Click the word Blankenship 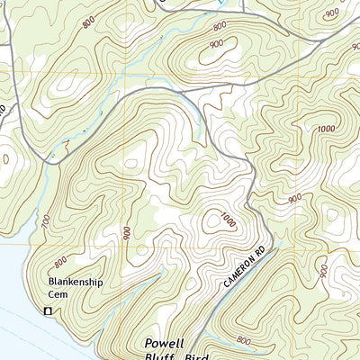tap(77, 280)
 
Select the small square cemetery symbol tap(48, 310)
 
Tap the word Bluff tap(166, 356)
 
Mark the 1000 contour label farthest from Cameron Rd tap(323, 130)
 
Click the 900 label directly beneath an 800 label tap(216, 42)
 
